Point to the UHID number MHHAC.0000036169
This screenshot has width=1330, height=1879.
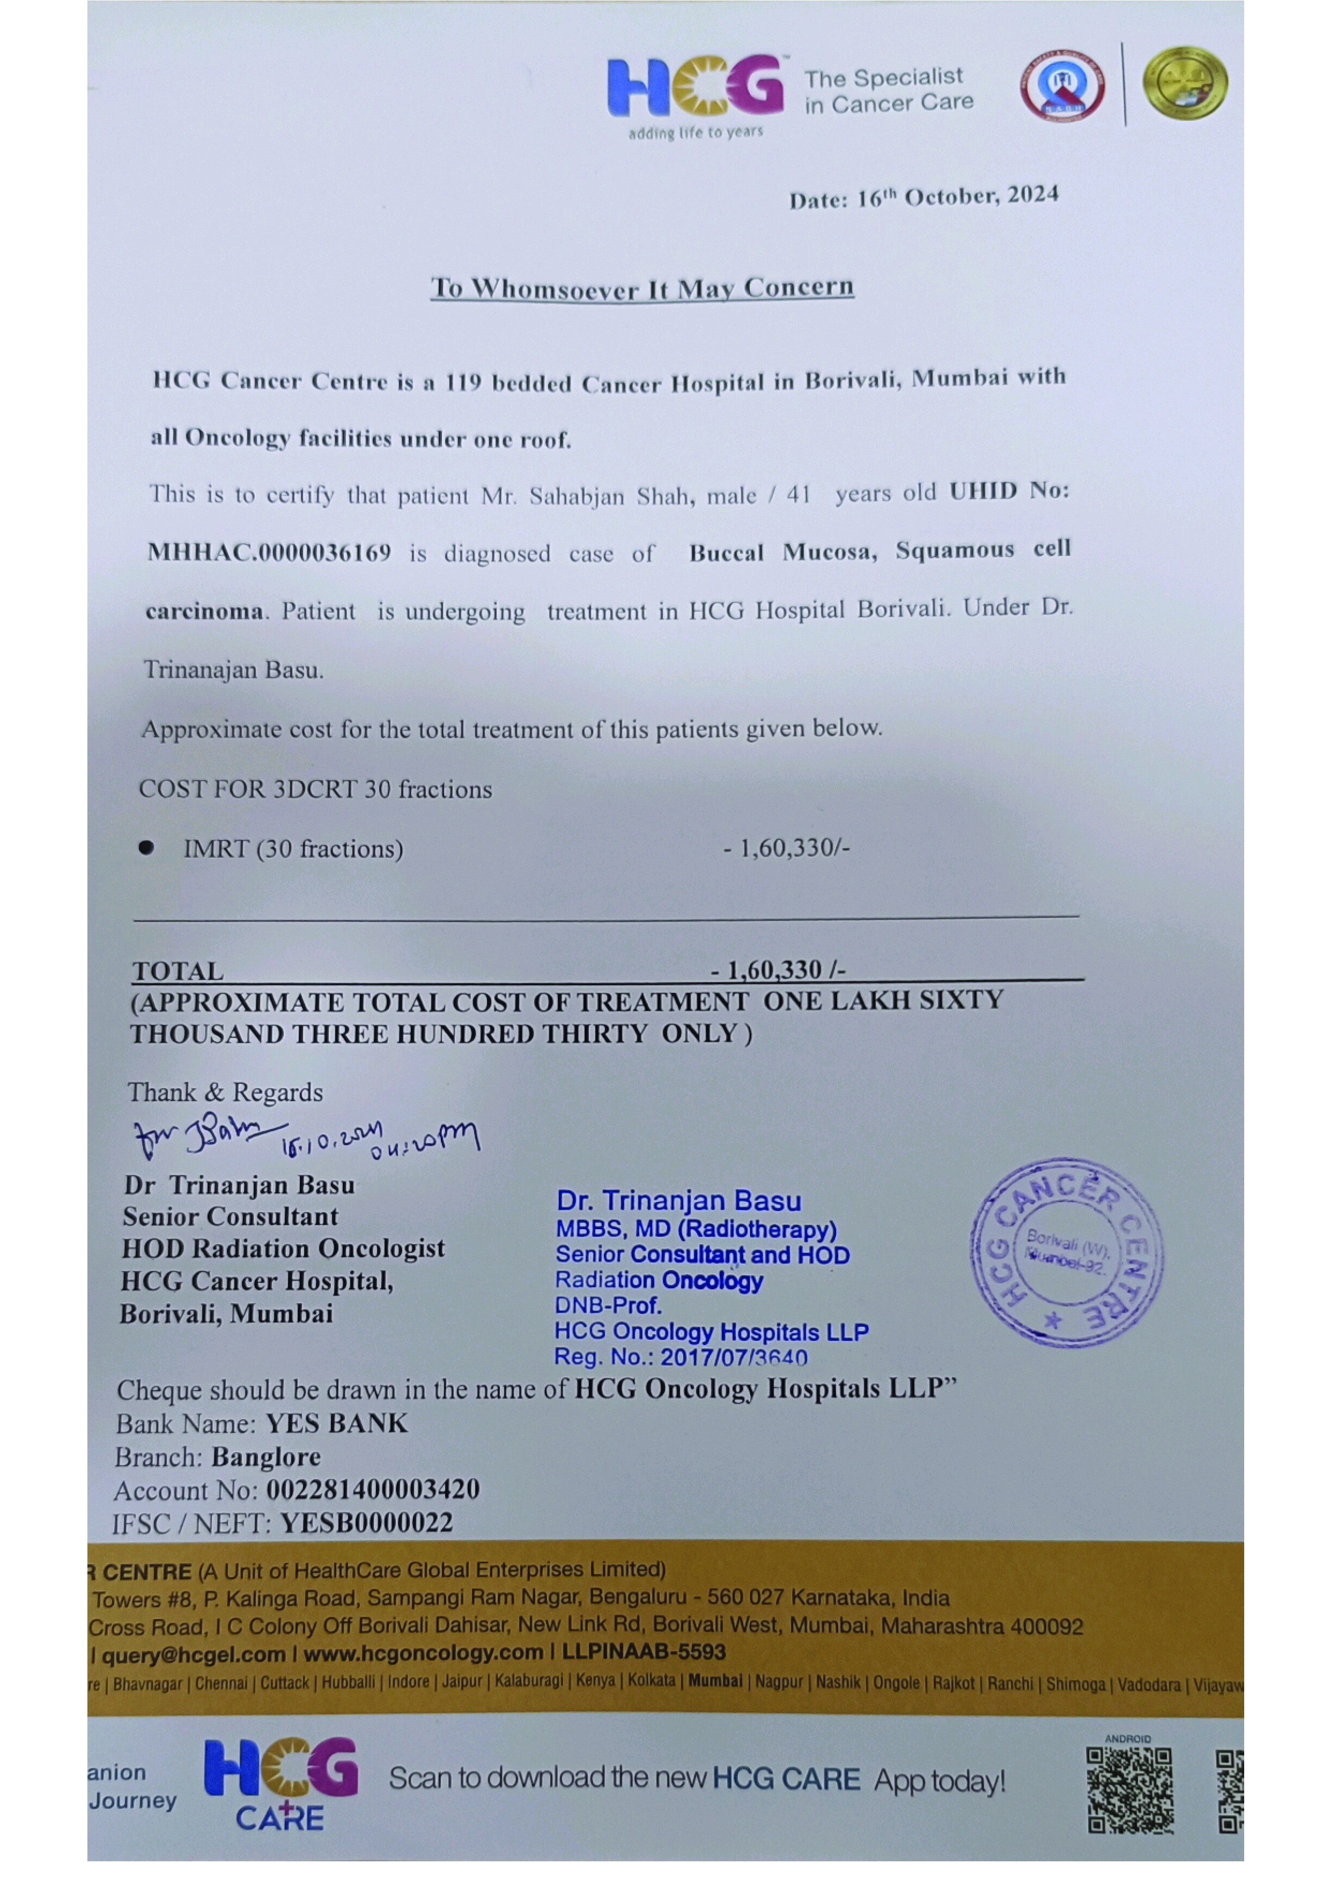[269, 553]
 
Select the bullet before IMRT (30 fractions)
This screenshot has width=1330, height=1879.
[146, 848]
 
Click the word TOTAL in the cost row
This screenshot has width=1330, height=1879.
[178, 971]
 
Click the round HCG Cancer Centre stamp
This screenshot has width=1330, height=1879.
[1066, 1251]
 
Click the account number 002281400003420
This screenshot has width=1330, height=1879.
[373, 1489]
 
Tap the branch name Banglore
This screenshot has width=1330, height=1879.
[266, 1457]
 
